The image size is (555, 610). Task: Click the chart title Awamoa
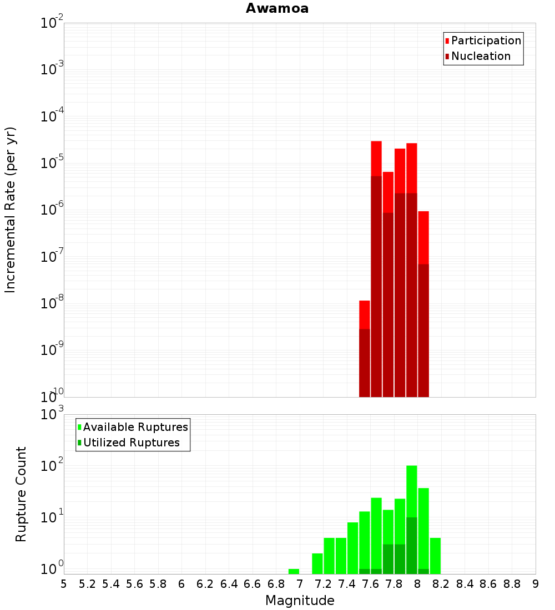277,8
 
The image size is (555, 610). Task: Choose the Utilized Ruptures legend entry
131,443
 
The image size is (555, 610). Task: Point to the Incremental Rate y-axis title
11,210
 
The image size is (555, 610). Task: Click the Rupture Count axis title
21,494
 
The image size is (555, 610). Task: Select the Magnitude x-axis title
300,601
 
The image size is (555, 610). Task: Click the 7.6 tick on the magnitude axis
371,584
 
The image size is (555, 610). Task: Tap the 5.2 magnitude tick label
88,584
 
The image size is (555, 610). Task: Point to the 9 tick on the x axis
536,584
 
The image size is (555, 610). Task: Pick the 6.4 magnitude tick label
229,584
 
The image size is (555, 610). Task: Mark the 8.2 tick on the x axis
441,584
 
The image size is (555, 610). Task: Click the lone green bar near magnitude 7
294,571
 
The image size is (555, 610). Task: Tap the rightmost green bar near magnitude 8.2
435,556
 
